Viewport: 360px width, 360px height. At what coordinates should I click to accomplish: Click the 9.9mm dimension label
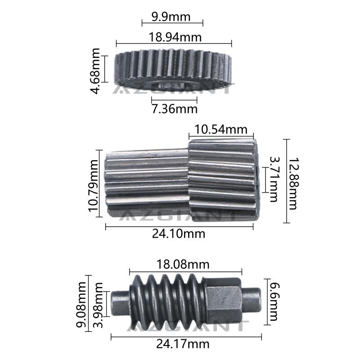171,17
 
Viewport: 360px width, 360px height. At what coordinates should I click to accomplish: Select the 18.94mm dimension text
175,37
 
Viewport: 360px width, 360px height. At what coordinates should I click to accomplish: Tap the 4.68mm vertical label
95,71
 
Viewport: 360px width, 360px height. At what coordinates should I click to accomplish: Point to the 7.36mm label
175,109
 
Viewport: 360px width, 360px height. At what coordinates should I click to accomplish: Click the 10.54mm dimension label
221,130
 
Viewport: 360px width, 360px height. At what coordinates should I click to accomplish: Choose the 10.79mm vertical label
93,186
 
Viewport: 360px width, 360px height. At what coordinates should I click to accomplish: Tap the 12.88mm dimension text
293,184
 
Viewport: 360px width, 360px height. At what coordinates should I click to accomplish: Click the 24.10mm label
179,234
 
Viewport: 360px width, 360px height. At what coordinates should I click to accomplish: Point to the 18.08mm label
183,264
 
